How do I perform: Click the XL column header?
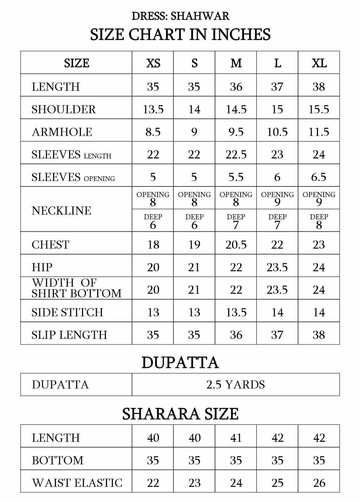click(x=319, y=63)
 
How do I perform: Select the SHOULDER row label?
click(x=64, y=109)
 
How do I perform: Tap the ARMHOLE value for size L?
click(x=277, y=132)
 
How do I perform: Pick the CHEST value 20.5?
click(x=236, y=244)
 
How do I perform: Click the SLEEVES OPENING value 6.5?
click(x=319, y=177)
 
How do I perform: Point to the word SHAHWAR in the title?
click(x=200, y=16)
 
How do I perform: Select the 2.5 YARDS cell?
click(x=236, y=385)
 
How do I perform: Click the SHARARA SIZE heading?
click(x=180, y=414)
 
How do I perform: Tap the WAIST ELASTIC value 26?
click(x=319, y=483)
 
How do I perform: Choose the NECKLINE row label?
click(x=61, y=211)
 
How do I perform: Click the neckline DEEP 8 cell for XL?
click(x=319, y=221)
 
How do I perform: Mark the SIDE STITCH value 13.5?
click(x=236, y=312)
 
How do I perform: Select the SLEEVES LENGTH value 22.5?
click(x=236, y=154)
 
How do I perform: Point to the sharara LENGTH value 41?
click(x=236, y=438)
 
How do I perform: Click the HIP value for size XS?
click(x=153, y=267)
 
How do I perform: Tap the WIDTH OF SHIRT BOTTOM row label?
click(x=76, y=288)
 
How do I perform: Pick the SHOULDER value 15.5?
click(x=319, y=109)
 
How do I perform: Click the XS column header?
click(x=153, y=63)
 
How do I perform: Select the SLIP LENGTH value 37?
click(x=277, y=335)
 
